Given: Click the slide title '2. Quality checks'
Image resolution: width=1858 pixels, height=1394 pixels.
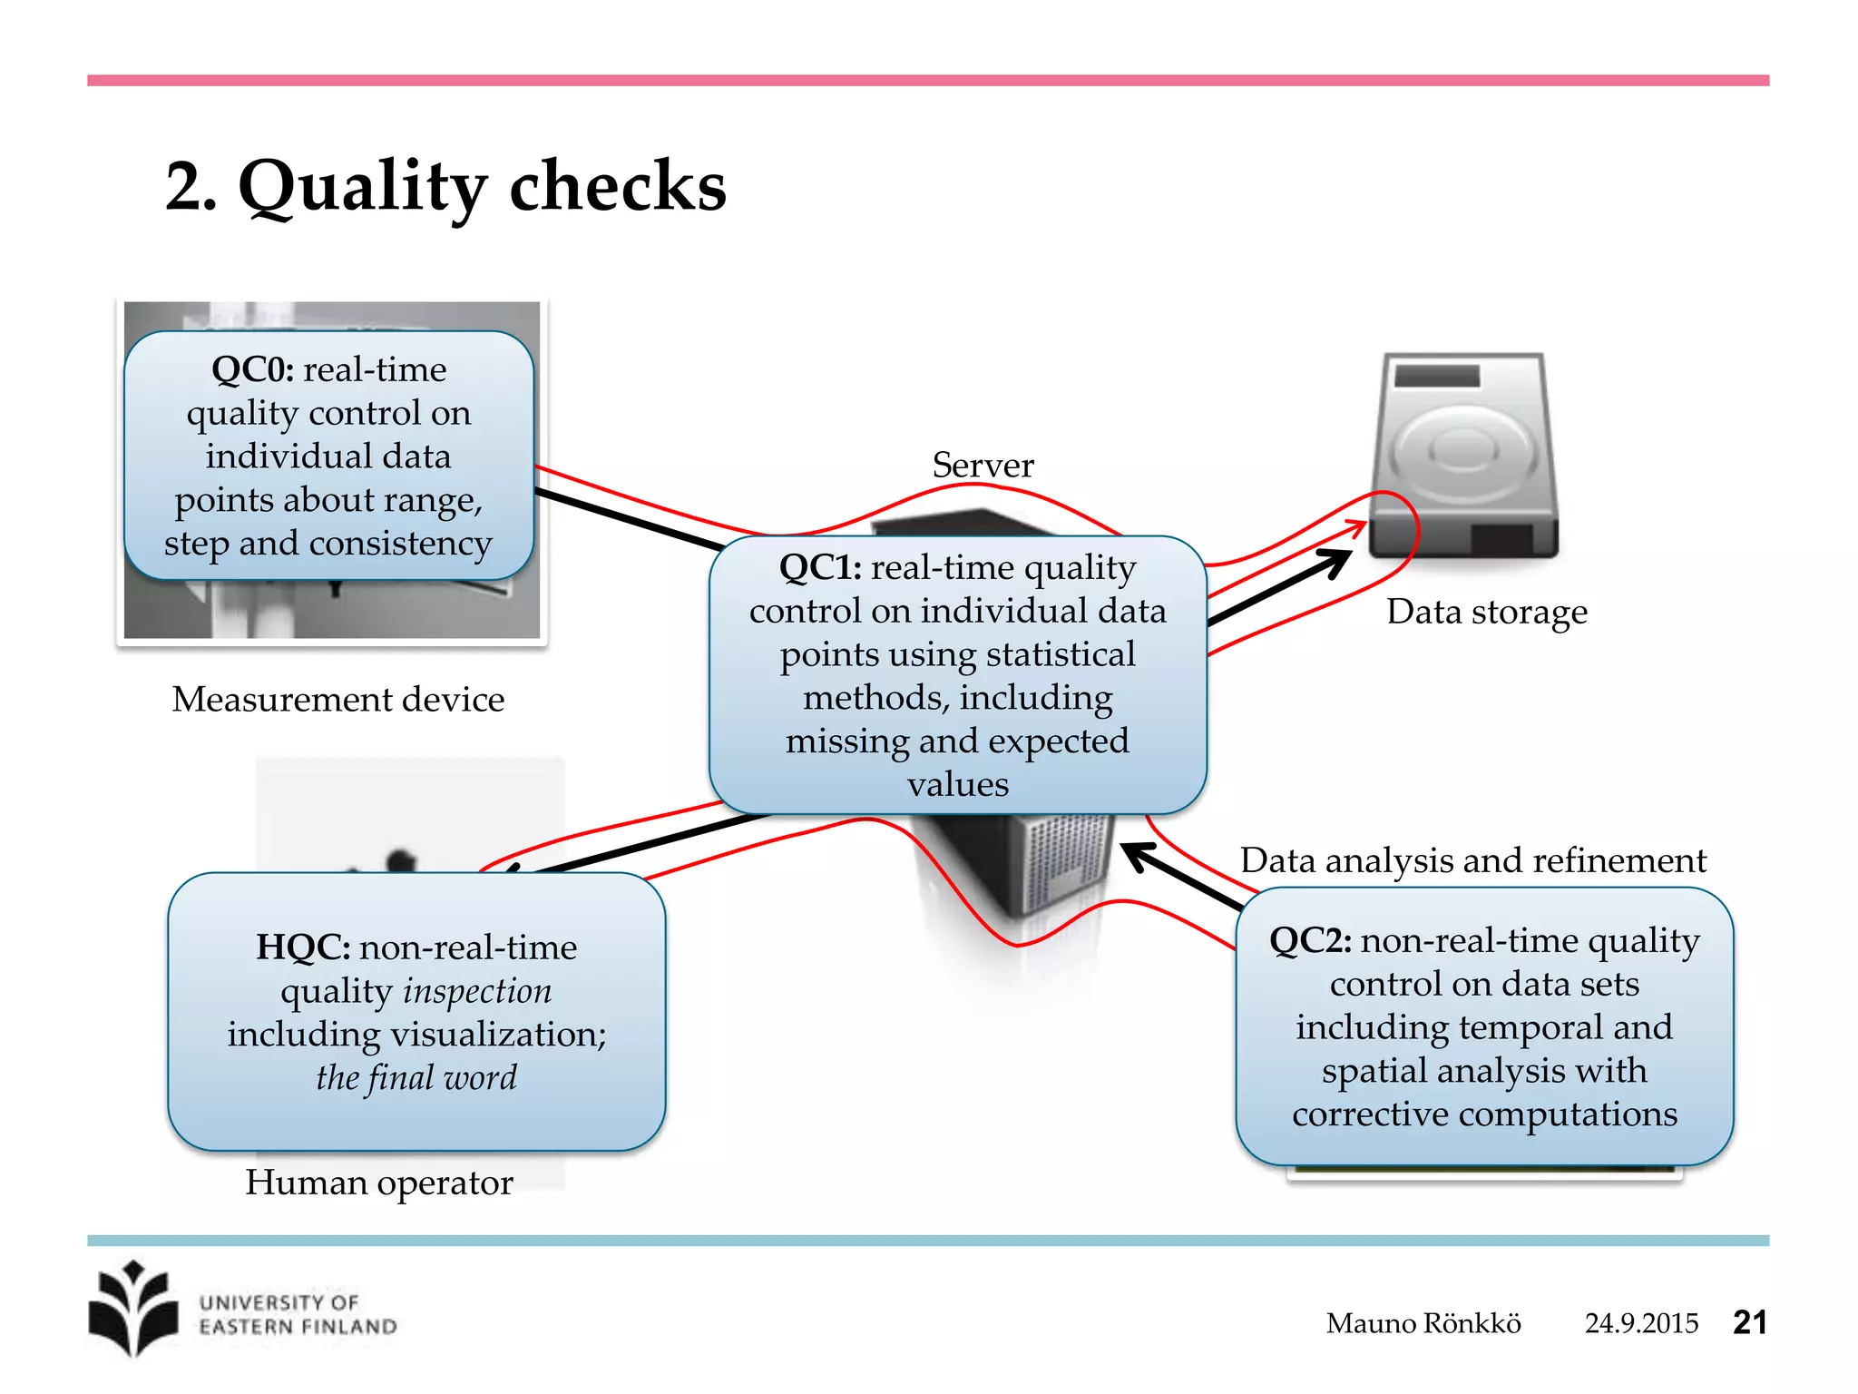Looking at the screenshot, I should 445,186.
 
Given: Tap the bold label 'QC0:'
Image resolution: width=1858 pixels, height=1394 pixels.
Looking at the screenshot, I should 252,369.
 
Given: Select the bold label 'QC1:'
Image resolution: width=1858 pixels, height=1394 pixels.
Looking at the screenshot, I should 820,567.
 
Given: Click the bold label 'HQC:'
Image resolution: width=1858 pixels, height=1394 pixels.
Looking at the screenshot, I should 303,947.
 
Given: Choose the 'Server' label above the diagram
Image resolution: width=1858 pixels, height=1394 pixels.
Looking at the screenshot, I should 983,466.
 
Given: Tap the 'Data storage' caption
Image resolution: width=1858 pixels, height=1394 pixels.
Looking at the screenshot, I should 1486,612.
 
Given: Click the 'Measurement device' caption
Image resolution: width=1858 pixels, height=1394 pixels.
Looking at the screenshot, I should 337,700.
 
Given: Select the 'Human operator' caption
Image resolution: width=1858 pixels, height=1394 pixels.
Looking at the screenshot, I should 378,1183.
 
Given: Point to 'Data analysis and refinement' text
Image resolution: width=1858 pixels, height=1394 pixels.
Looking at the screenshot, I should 1472,860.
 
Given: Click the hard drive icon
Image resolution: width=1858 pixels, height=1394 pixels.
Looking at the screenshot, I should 1462,454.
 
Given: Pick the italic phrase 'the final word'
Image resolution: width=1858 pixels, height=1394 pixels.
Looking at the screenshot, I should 416,1078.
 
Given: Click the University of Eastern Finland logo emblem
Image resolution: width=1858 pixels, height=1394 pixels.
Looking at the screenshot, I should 134,1309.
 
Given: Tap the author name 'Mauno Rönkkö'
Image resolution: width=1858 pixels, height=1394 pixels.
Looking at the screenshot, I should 1423,1323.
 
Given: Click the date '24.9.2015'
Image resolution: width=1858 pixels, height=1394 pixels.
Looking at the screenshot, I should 1640,1323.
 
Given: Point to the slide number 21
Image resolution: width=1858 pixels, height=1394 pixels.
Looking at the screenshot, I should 1749,1322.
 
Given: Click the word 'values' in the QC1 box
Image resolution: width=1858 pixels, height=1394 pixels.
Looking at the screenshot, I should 958,784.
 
